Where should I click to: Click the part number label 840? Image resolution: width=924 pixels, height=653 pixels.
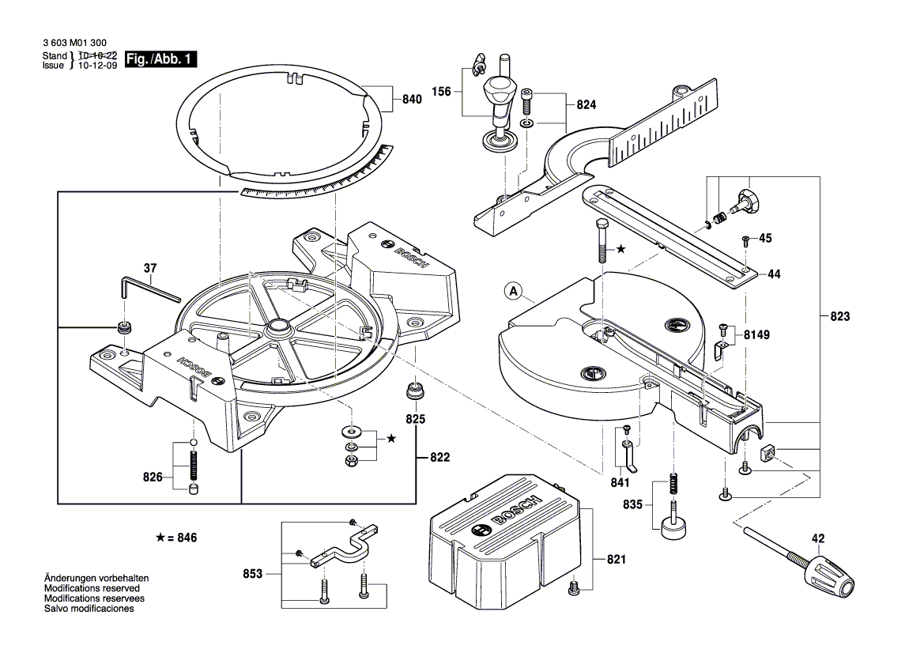click(411, 100)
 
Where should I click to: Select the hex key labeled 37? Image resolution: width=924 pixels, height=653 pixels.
click(150, 291)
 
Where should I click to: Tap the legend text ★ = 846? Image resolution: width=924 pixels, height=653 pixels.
click(175, 538)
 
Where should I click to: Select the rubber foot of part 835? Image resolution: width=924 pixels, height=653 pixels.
click(673, 527)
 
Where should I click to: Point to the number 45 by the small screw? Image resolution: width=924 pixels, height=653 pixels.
click(765, 238)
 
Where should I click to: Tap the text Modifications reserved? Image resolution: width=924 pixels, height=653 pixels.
click(92, 589)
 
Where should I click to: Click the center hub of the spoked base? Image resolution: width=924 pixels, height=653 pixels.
click(278, 326)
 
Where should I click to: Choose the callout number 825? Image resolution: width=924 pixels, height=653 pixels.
click(415, 418)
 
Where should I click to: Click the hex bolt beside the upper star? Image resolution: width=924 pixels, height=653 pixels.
click(601, 240)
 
